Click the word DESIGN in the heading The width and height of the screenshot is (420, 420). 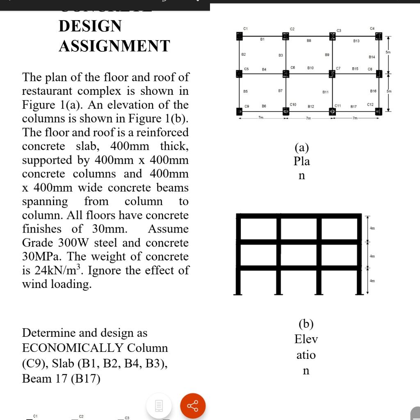tap(90, 26)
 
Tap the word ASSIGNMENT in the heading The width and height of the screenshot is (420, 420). tap(114, 46)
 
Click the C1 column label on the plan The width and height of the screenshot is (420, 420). tap(245, 28)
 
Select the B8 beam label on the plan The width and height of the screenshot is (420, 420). tap(309, 41)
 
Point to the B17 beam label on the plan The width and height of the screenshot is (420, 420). tap(354, 107)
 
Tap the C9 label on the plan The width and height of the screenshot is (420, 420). tap(247, 106)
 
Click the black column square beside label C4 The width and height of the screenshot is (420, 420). tap(379, 37)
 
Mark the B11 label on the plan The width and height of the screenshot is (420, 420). tap(325, 92)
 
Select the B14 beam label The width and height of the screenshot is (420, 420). tap(372, 57)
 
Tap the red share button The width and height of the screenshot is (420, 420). tap(193, 406)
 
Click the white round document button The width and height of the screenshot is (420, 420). tap(159, 406)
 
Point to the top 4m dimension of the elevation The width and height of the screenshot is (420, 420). tap(372, 228)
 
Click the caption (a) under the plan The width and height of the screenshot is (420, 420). tap(301, 147)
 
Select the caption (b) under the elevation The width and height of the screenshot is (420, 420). tap(306, 324)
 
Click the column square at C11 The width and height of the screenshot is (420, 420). tap(332, 111)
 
